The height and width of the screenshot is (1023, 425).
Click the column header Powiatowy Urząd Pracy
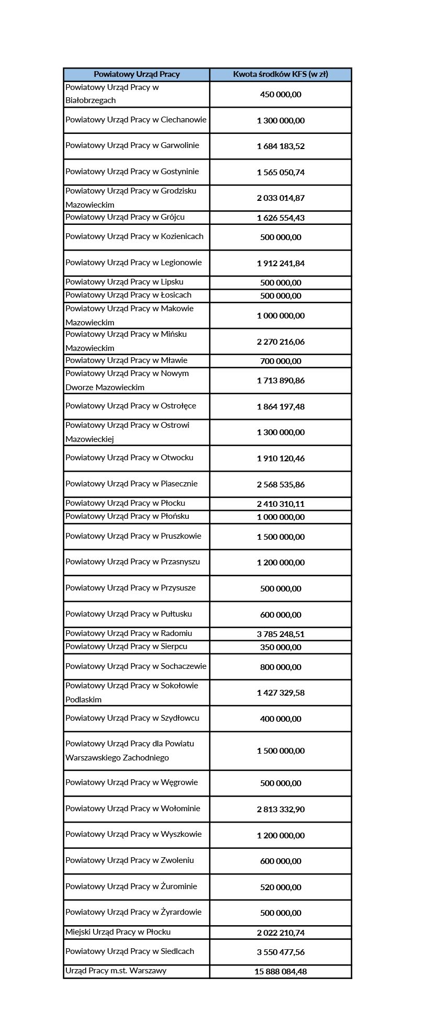pos(136,74)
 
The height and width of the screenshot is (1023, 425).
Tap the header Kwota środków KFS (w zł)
pos(280,74)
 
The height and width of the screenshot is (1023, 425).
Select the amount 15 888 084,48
pos(280,971)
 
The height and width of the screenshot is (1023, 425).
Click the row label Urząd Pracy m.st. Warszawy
pos(116,971)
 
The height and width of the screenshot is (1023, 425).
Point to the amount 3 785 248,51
pos(280,634)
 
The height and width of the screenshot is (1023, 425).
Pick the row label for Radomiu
pos(129,633)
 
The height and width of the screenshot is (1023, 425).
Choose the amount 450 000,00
pos(280,94)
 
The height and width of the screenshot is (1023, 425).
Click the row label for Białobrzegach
pos(112,94)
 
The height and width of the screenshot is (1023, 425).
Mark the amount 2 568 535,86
pos(280,484)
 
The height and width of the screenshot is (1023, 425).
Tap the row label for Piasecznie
pos(131,484)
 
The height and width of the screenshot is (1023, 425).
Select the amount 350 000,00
pos(280,647)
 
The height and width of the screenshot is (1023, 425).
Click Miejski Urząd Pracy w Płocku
pos(118,932)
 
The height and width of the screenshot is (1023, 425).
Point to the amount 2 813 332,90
pos(280,809)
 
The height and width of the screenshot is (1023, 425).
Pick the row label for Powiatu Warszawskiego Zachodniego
pos(130,751)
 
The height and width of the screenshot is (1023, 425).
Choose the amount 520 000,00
pos(280,887)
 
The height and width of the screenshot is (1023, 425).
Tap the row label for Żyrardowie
pos(133,912)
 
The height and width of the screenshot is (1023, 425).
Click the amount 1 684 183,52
pos(280,146)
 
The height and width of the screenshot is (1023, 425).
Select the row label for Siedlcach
pos(130,951)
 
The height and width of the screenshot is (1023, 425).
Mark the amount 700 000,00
pos(280,361)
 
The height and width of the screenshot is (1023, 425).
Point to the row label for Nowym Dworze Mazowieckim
pos(127,380)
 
